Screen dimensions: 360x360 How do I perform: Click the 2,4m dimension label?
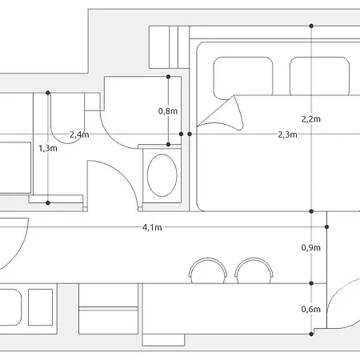click(x=79, y=134)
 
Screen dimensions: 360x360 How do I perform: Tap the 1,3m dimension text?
click(x=48, y=148)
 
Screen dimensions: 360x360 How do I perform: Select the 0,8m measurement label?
click(x=168, y=111)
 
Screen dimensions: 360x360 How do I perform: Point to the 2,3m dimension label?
click(x=287, y=134)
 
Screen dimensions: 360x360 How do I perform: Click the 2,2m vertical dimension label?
click(x=311, y=119)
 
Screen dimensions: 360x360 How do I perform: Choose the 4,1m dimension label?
click(x=152, y=227)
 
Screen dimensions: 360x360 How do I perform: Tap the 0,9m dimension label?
click(x=311, y=248)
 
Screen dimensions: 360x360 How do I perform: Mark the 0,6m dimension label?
click(x=311, y=310)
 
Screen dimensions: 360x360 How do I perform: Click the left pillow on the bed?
click(x=243, y=77)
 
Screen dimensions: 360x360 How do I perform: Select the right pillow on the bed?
click(x=319, y=76)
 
